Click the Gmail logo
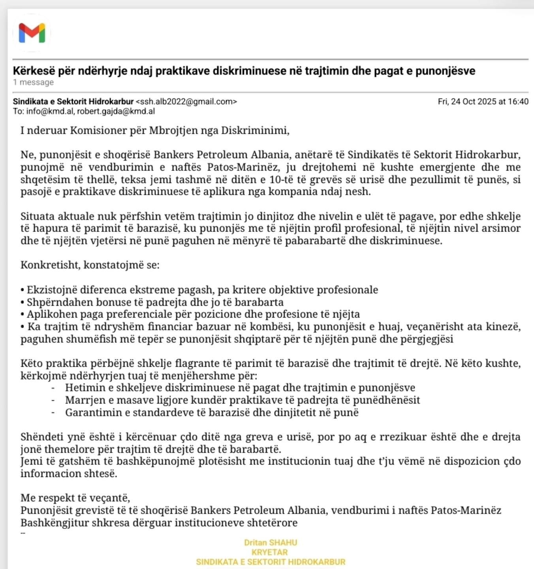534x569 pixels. coord(32,33)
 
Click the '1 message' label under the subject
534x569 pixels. coord(33,82)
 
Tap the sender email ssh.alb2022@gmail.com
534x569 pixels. coord(186,102)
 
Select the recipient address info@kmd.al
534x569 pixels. coord(50,111)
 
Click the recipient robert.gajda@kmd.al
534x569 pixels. coord(116,111)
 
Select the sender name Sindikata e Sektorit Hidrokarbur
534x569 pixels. coord(73,102)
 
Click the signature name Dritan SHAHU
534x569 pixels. coord(271,543)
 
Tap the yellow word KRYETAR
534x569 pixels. coord(270,552)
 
